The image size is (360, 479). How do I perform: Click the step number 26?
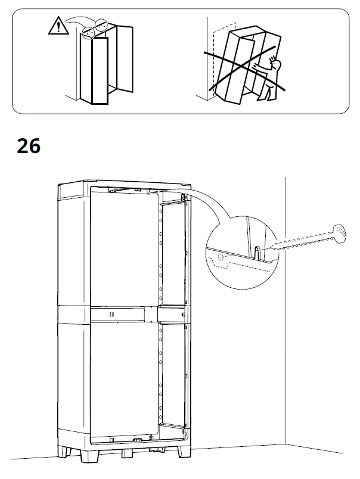click(29, 146)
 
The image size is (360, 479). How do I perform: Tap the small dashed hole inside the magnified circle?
click(221, 258)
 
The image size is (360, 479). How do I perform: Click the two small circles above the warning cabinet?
click(95, 30)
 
